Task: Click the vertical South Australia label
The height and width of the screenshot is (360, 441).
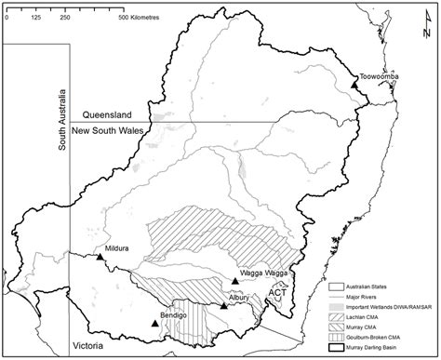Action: [x=63, y=118]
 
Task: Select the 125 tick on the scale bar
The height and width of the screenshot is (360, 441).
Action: [x=34, y=17]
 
